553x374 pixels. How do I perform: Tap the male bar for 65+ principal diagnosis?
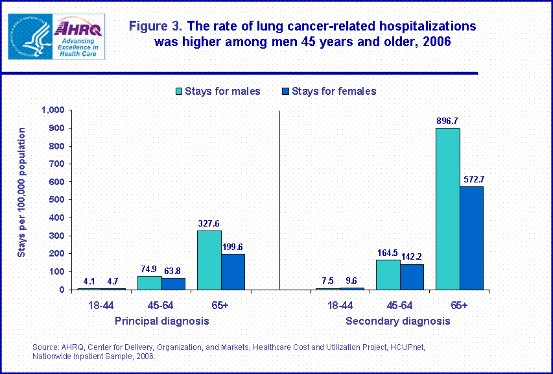tap(209, 260)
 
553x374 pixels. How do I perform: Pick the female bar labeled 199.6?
tap(233, 272)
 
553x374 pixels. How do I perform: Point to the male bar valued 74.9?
tap(149, 283)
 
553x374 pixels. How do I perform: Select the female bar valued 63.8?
tap(173, 284)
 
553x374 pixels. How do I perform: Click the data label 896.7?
tap(447, 121)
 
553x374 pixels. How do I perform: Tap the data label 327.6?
tap(209, 223)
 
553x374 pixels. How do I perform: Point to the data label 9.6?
tap(352, 280)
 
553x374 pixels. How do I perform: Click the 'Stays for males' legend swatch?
tap(177, 91)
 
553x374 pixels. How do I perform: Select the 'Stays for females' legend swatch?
tap(283, 91)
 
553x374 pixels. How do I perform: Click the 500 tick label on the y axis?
tap(56, 200)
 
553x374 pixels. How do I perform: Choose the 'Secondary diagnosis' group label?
tap(397, 321)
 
